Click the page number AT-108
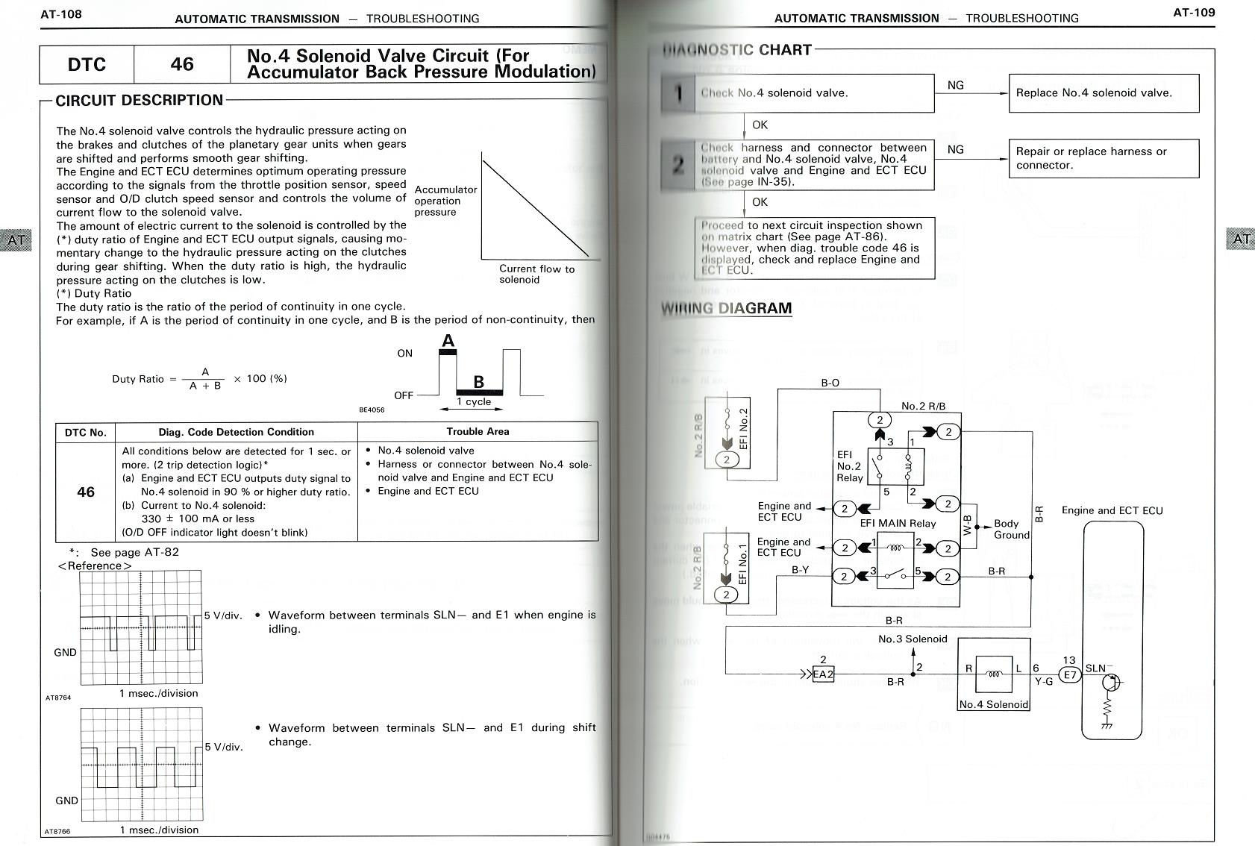pyautogui.click(x=61, y=14)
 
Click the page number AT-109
pyautogui.click(x=1194, y=12)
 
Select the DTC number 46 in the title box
pyautogui.click(x=182, y=64)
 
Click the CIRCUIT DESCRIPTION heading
pyautogui.click(x=140, y=100)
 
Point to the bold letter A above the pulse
pyautogui.click(x=448, y=342)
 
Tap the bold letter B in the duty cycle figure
pyautogui.click(x=479, y=382)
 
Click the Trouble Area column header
pyautogui.click(x=478, y=432)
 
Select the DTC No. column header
pyautogui.click(x=86, y=433)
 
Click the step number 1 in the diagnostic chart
pyautogui.click(x=678, y=93)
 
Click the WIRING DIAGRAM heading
pyautogui.click(x=726, y=309)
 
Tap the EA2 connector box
pyautogui.click(x=823, y=674)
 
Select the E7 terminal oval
pyautogui.click(x=1070, y=674)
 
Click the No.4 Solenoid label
pyautogui.click(x=993, y=704)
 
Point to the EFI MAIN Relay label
pyautogui.click(x=898, y=523)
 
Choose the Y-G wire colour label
pyautogui.click(x=1042, y=681)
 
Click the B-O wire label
pyautogui.click(x=830, y=383)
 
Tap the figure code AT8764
pyautogui.click(x=58, y=698)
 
